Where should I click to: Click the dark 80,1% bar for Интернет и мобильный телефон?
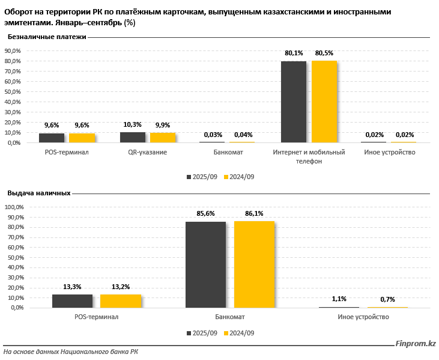pyautogui.click(x=294, y=102)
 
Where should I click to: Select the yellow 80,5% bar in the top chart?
pyautogui.click(x=324, y=102)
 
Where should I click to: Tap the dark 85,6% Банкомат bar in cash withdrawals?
pyautogui.click(x=205, y=264)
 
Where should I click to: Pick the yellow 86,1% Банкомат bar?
pyautogui.click(x=254, y=264)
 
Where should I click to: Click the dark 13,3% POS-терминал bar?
pyautogui.click(x=72, y=301)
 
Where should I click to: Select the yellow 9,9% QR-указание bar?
pyautogui.click(x=162, y=138)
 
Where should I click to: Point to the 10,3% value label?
pyautogui.click(x=133, y=125)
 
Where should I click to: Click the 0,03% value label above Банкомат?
pyautogui.click(x=211, y=135)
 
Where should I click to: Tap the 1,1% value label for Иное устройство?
pyautogui.click(x=339, y=299)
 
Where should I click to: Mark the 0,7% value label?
pyautogui.click(x=387, y=299)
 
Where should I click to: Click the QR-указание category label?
pyautogui.click(x=147, y=153)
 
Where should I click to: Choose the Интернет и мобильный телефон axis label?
pyautogui.click(x=309, y=157)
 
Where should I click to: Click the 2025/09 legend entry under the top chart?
pyautogui.click(x=202, y=177)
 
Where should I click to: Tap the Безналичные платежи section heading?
pyautogui.click(x=47, y=37)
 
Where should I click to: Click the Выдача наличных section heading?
pyautogui.click(x=39, y=193)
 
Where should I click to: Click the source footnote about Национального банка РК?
pyautogui.click(x=71, y=352)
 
